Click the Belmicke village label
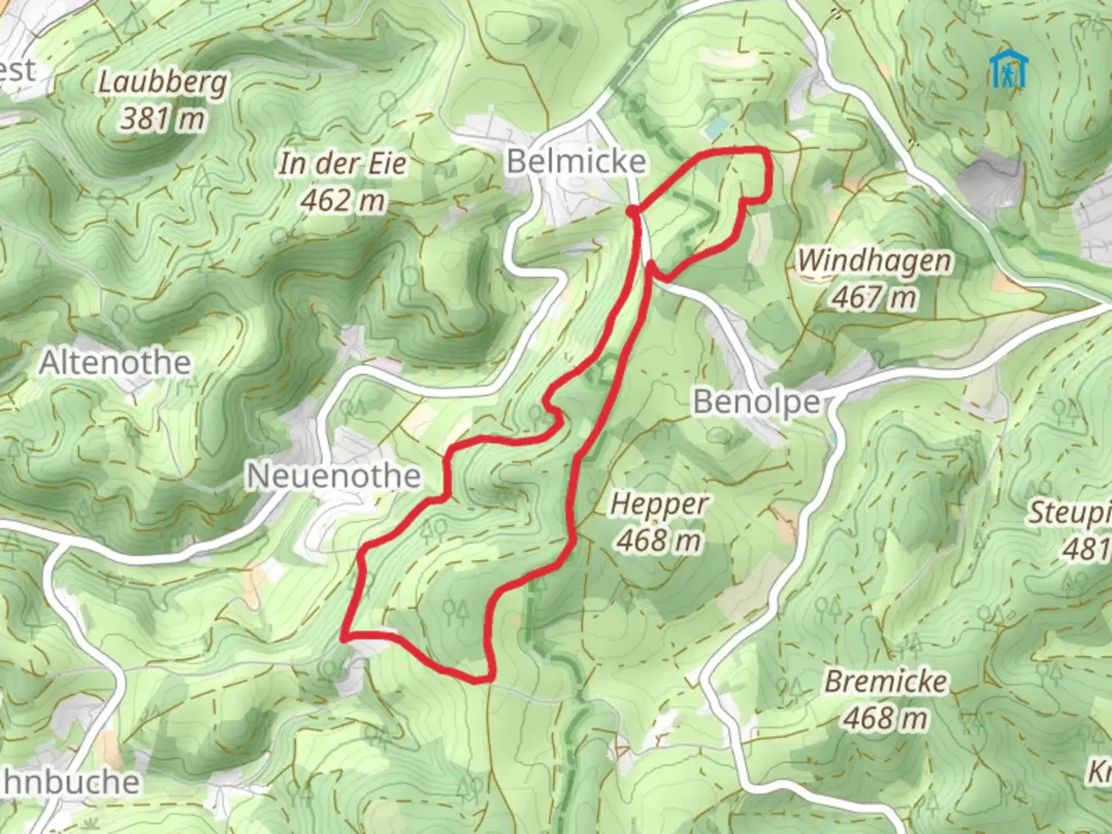(576, 161)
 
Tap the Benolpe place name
(756, 402)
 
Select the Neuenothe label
(334, 476)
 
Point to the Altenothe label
(115, 362)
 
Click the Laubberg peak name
(162, 83)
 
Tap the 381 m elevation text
(163, 119)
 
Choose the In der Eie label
(342, 164)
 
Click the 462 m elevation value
(342, 201)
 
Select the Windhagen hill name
(873, 261)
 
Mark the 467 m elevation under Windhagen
(873, 297)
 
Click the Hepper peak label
(659, 505)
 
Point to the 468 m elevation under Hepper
(659, 541)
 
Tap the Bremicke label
(885, 682)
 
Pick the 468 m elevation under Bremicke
(885, 718)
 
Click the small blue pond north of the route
(716, 124)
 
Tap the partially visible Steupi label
(1070, 513)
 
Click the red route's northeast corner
(765, 151)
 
